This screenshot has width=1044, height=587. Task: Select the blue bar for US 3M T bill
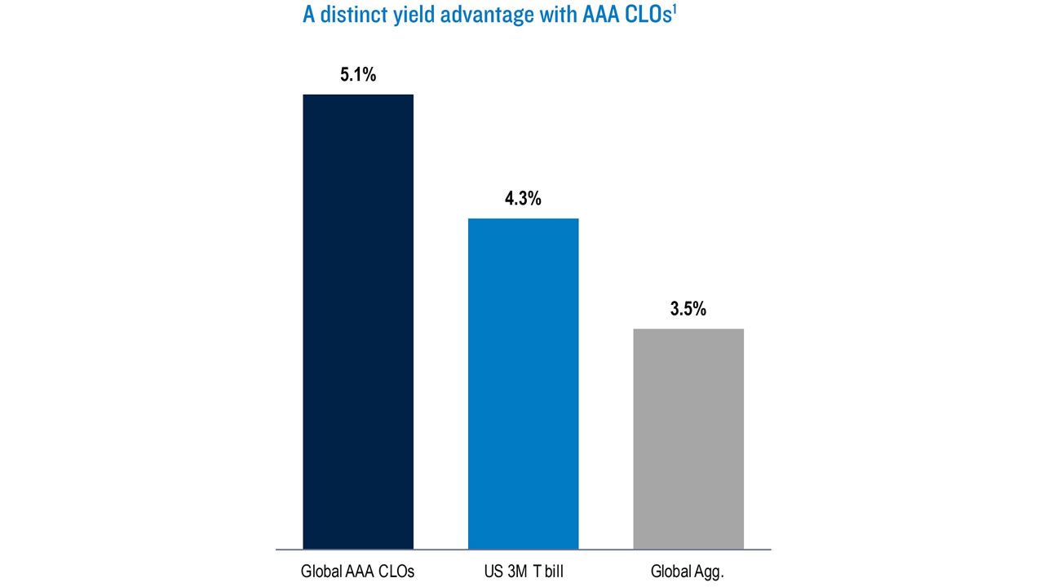(x=523, y=383)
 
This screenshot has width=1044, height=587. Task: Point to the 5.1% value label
(x=358, y=76)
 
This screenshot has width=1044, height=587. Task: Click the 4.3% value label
(x=523, y=199)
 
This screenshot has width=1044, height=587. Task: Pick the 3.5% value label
(x=688, y=310)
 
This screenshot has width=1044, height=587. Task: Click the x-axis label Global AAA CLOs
(x=357, y=572)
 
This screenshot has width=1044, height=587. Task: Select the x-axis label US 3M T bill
(x=523, y=572)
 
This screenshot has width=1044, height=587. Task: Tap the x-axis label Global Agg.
(x=687, y=572)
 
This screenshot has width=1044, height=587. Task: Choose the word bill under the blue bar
(x=551, y=572)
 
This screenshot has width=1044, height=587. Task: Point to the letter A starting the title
(x=308, y=15)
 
